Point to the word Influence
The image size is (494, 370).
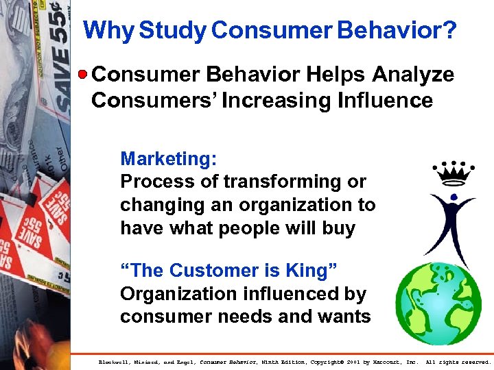pos(385,101)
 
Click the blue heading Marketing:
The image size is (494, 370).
pos(169,159)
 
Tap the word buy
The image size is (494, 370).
pos(338,227)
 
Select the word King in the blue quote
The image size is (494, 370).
pos(306,271)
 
